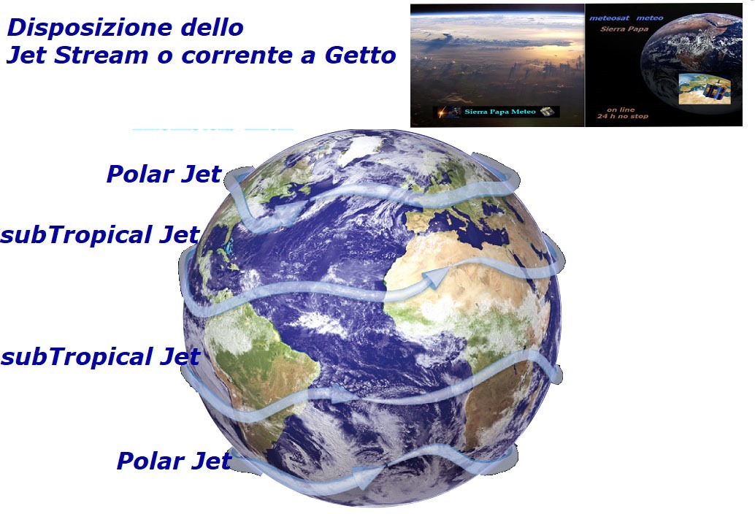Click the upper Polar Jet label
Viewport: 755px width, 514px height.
tap(164, 174)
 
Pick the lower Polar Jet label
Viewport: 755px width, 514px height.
tap(174, 461)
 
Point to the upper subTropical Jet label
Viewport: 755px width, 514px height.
tap(99, 235)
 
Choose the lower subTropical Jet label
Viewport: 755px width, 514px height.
tap(99, 357)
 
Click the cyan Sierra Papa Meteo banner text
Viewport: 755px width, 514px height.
tap(499, 112)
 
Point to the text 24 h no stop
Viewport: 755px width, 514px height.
tap(622, 116)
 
